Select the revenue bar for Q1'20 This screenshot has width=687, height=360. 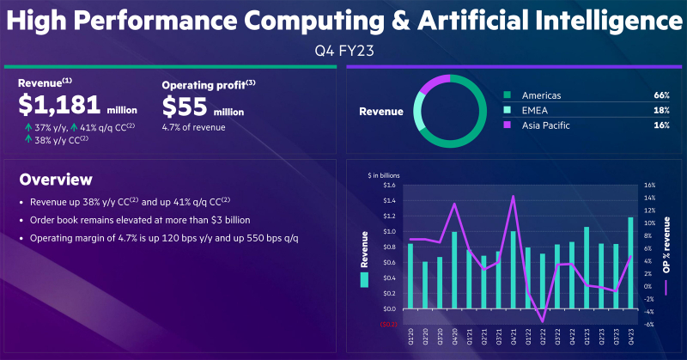[x=410, y=277]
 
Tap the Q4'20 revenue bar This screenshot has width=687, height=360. [x=454, y=271]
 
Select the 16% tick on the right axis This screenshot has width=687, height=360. [x=650, y=185]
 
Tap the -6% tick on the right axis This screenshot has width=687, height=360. [x=650, y=325]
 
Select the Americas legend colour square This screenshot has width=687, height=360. [x=508, y=95]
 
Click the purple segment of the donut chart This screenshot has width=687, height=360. [x=435, y=82]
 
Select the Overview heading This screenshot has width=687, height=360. [x=56, y=180]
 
